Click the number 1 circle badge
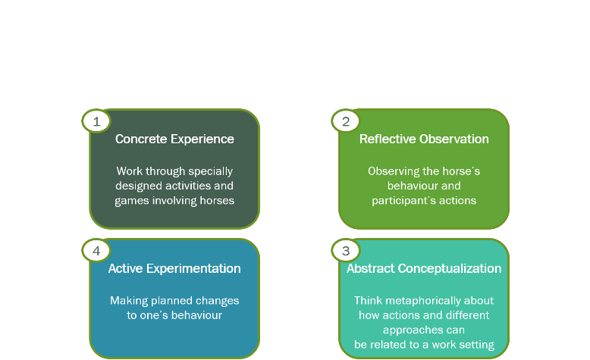[96, 121]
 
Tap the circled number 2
[346, 121]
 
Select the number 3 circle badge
[346, 251]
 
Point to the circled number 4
[96, 251]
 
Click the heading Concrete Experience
[174, 139]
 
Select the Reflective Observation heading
[424, 139]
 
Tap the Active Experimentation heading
[174, 268]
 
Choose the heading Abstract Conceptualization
[424, 268]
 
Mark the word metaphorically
[423, 302]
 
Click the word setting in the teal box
[479, 346]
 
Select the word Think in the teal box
[368, 301]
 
